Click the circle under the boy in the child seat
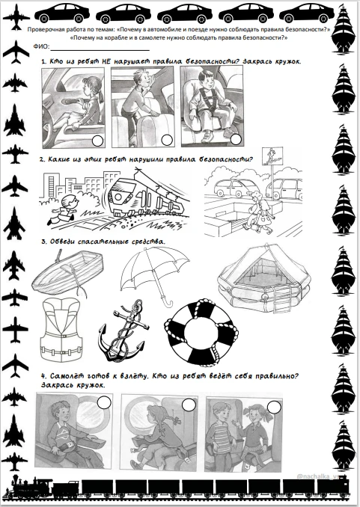click(236, 139)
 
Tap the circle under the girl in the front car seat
click(97, 141)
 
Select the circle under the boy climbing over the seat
click(167, 140)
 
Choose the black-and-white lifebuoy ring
click(201, 333)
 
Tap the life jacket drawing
click(61, 329)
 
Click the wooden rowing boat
click(67, 272)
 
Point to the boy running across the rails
click(63, 210)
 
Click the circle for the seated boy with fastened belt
click(104, 402)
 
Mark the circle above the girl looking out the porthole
click(189, 405)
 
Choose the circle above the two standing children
click(274, 407)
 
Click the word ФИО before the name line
click(41, 46)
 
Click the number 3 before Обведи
click(43, 242)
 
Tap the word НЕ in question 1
click(106, 61)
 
